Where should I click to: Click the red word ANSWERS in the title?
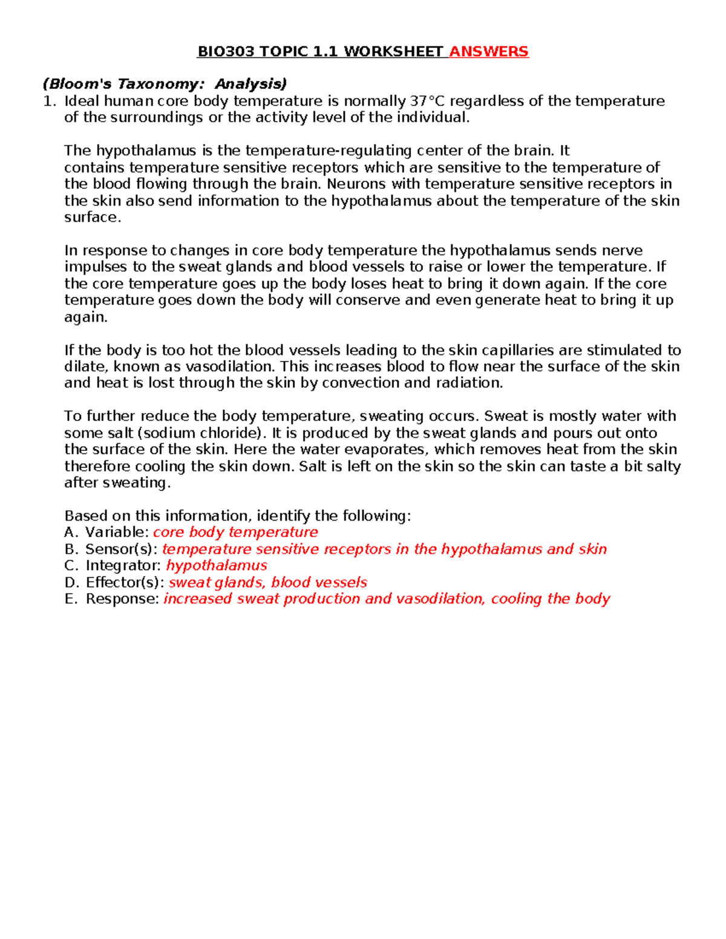click(x=489, y=51)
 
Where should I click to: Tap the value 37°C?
click(x=428, y=101)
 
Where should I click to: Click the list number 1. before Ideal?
click(x=50, y=101)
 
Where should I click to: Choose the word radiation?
click(x=469, y=383)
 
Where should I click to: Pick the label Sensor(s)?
click(x=122, y=549)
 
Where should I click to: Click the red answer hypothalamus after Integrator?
click(x=217, y=565)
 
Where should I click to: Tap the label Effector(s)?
click(x=125, y=582)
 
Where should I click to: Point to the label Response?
click(x=122, y=599)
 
